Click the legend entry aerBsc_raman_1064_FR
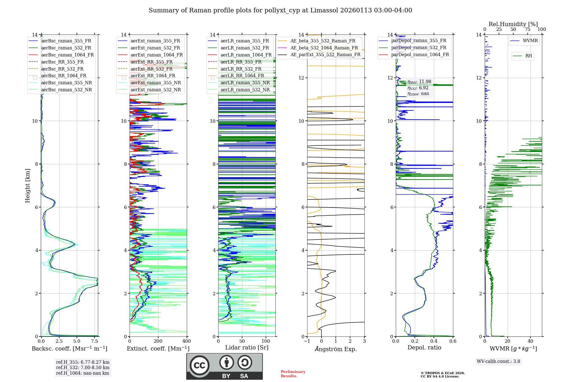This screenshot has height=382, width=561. (67, 55)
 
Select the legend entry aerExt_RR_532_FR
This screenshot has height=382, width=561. (151, 69)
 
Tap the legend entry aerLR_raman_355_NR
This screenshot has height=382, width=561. (245, 83)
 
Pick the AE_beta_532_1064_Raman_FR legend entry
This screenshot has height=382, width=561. (324, 48)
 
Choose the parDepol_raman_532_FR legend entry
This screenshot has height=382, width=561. (419, 48)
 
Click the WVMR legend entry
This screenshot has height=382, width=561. (530, 41)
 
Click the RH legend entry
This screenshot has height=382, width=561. (528, 56)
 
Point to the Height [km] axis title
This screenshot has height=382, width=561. (27, 185)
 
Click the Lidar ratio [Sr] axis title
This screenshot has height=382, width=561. (247, 347)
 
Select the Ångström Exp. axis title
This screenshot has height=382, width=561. (336, 349)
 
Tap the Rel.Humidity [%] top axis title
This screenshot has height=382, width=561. (513, 24)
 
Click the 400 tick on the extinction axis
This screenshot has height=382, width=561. (187, 341)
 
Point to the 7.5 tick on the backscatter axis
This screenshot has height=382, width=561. (95, 341)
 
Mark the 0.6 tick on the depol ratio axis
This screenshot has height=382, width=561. (453, 341)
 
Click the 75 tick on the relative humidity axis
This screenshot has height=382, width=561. (527, 29)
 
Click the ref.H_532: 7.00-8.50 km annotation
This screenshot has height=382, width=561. (83, 367)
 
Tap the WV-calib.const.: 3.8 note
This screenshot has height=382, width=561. (498, 361)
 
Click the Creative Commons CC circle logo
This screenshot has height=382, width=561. (199, 365)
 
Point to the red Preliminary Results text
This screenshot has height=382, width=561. (293, 374)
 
